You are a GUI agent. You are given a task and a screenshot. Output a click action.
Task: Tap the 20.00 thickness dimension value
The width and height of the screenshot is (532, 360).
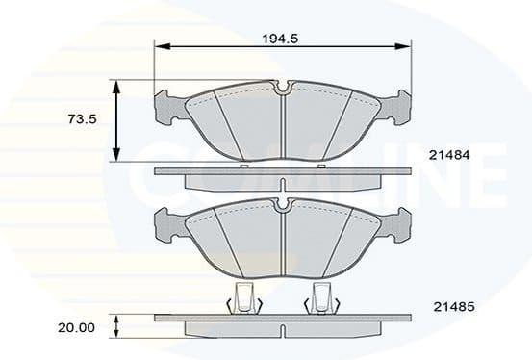point(77,327)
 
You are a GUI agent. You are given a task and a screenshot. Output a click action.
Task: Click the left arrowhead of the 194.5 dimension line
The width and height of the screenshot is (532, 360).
point(161,45)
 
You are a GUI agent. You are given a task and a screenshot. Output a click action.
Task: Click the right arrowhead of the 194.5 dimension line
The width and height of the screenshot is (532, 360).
point(405,45)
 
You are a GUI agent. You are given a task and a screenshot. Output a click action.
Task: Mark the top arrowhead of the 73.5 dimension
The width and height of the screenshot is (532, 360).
point(116,87)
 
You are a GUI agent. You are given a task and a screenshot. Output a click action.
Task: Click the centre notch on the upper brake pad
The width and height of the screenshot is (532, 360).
point(283,90)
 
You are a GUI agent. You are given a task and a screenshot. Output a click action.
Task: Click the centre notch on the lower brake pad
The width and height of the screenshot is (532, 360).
point(283,205)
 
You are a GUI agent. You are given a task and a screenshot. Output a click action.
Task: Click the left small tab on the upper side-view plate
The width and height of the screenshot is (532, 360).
point(244,167)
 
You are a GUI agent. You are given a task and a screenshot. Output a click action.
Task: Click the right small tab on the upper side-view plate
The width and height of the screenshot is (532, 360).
point(320,167)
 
